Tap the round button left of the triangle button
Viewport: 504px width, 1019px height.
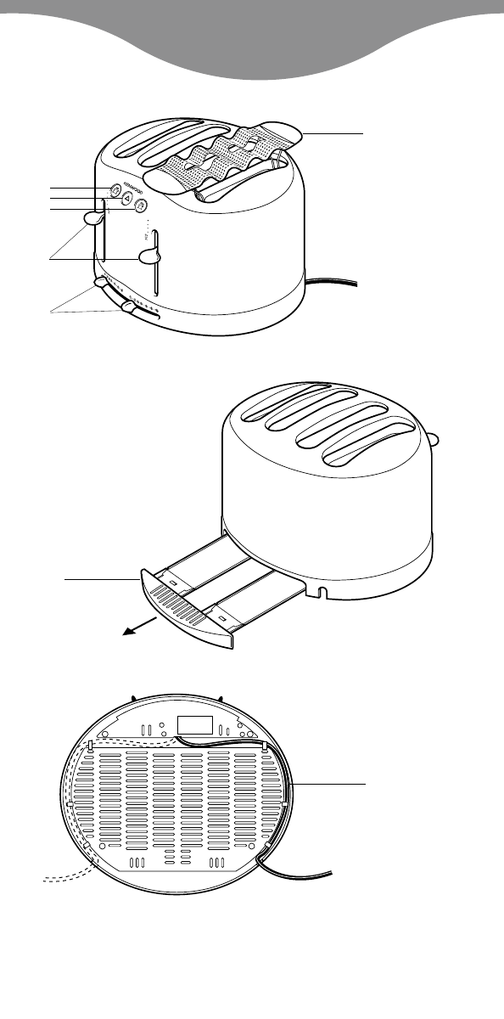(113, 190)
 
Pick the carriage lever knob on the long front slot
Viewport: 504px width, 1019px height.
(149, 256)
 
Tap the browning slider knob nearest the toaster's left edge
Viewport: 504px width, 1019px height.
(101, 282)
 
